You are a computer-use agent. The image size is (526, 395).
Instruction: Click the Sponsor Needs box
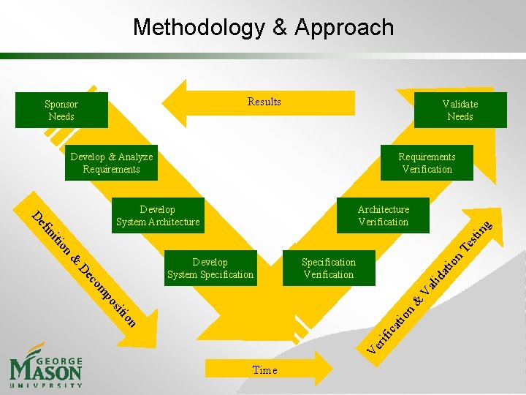pyautogui.click(x=62, y=110)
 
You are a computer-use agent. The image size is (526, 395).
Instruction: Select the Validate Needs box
pyautogui.click(x=460, y=110)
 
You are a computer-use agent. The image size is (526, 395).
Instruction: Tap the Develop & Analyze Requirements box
pyautogui.click(x=112, y=163)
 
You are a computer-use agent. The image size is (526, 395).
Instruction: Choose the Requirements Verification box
pyautogui.click(x=427, y=163)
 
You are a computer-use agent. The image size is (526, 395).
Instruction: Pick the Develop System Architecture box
pyautogui.click(x=158, y=216)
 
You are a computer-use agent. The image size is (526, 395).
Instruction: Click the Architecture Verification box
pyautogui.click(x=383, y=216)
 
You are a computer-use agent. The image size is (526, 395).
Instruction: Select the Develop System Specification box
pyautogui.click(x=210, y=268)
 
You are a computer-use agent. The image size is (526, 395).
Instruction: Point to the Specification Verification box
pyautogui.click(x=329, y=268)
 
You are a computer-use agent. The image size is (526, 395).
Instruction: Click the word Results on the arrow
pyautogui.click(x=264, y=102)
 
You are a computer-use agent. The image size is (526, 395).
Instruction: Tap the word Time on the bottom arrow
pyautogui.click(x=264, y=370)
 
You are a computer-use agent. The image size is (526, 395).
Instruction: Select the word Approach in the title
pyautogui.click(x=344, y=28)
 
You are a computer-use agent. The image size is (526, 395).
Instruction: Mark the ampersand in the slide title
pyautogui.click(x=280, y=28)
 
